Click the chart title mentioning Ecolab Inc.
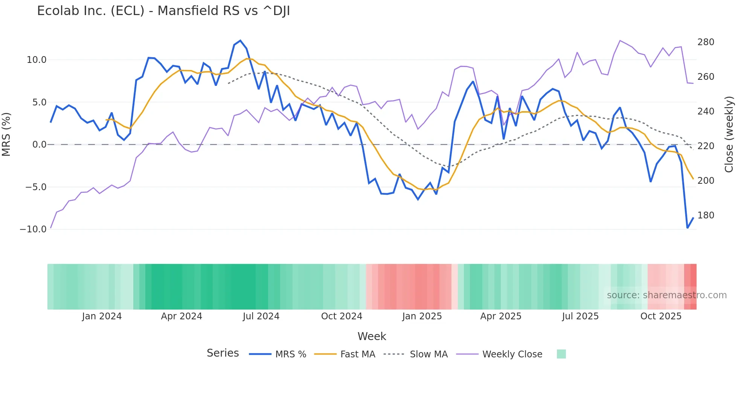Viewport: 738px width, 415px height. coord(163,11)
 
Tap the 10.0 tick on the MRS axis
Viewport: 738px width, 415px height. coord(37,60)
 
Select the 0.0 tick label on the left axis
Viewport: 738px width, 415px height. coord(39,145)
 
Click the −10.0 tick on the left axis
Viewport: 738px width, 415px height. coord(33,229)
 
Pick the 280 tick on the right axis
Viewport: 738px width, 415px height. coord(706,42)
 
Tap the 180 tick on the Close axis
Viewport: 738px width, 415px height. coord(706,215)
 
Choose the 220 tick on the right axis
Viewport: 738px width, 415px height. coord(706,146)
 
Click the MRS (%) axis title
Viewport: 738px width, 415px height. coord(6,134)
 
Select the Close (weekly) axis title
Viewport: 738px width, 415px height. coord(729,134)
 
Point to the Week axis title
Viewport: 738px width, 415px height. coord(372,336)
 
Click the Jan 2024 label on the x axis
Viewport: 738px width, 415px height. coord(102,316)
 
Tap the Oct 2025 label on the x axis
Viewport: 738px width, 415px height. coord(661,316)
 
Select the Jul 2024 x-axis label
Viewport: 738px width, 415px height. coord(261,316)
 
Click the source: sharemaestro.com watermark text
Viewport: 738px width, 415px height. coord(666,295)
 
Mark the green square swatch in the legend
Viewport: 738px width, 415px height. coord(561,354)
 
